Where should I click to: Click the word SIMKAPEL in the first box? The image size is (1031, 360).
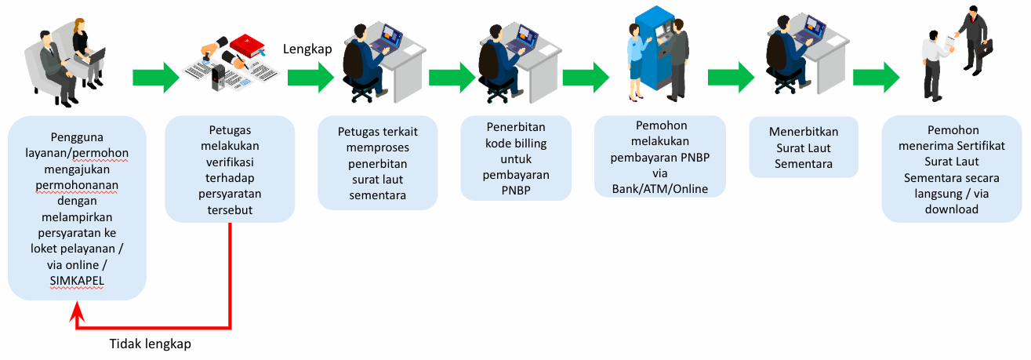(x=77, y=280)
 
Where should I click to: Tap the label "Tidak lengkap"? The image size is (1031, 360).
(x=150, y=344)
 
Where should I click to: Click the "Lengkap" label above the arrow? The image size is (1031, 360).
(x=307, y=49)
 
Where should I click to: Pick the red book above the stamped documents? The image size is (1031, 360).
(x=248, y=46)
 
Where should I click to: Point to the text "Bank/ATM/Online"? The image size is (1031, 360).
(x=659, y=189)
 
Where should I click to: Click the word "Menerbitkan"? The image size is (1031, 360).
(x=803, y=132)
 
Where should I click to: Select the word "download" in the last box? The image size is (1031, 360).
(x=951, y=209)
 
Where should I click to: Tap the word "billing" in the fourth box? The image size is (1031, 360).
(x=530, y=144)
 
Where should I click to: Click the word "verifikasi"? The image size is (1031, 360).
(x=230, y=162)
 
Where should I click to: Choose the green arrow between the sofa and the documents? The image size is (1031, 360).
(x=155, y=78)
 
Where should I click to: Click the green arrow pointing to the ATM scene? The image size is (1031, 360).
(x=586, y=78)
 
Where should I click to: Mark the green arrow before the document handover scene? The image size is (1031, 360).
(x=876, y=78)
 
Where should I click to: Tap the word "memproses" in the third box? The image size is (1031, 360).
(x=377, y=147)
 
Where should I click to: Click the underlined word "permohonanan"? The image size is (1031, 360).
(x=77, y=185)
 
